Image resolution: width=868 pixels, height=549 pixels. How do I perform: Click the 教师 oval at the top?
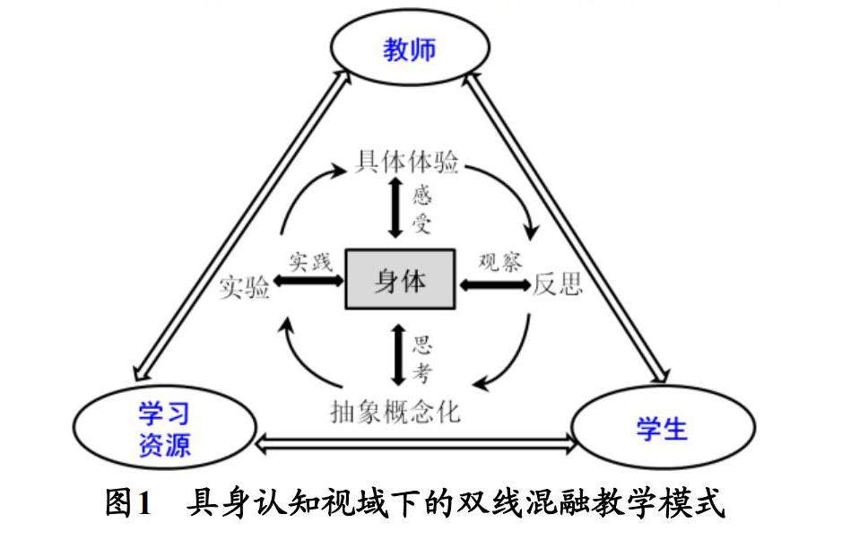(x=411, y=48)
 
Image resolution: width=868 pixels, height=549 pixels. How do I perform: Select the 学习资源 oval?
(x=165, y=429)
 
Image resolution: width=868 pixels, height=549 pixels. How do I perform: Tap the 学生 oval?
(x=662, y=429)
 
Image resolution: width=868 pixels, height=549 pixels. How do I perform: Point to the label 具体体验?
(x=408, y=162)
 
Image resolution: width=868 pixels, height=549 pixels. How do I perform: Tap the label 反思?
(x=558, y=284)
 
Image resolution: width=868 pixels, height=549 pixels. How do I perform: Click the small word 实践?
(x=310, y=263)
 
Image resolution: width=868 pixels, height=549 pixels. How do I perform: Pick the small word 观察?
(x=499, y=262)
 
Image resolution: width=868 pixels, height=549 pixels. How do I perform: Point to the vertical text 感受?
(x=422, y=208)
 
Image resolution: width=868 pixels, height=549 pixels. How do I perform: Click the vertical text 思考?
(x=421, y=358)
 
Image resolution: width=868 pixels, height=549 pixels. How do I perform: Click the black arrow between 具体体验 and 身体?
(x=395, y=208)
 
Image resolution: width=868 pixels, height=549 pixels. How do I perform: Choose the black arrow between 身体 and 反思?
(x=494, y=284)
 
